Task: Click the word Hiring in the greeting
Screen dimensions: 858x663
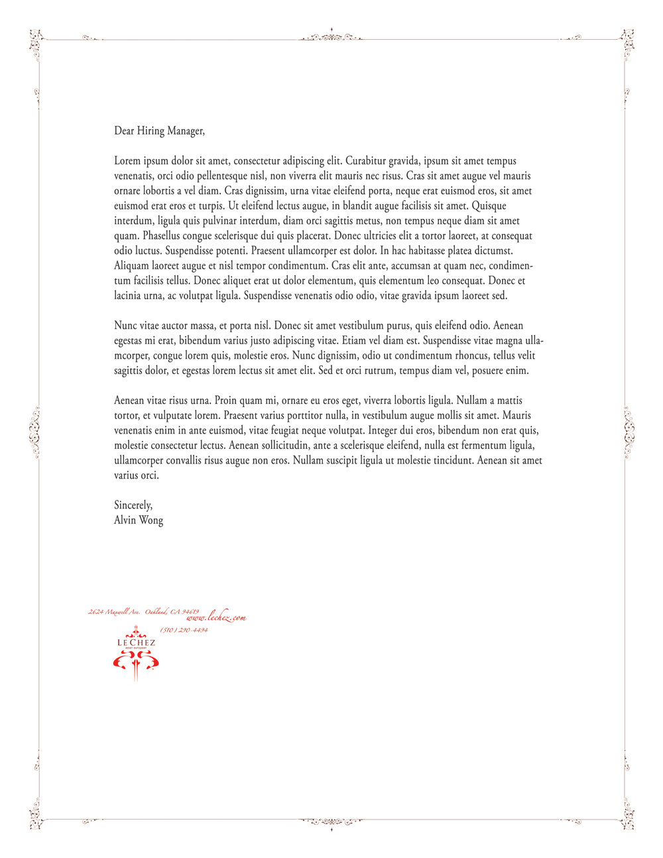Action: [151, 131]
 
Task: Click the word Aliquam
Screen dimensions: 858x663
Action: [132, 266]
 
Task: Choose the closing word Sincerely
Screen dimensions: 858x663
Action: [133, 505]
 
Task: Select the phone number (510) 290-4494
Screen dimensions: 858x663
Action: [184, 630]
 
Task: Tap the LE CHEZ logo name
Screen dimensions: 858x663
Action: [136, 643]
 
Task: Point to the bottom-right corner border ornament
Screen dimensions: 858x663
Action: [627, 817]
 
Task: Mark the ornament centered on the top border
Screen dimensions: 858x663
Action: [331, 36]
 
